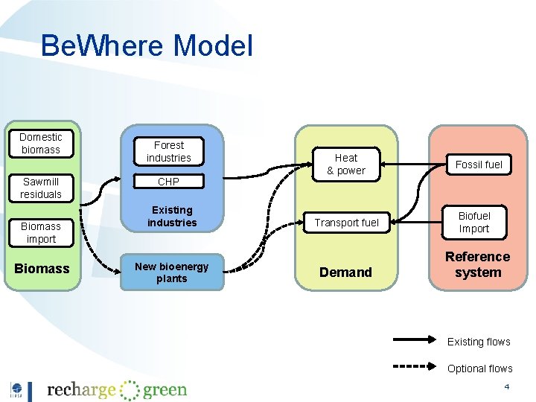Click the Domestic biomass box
41,144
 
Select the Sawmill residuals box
41,188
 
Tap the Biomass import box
41,232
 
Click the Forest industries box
169,152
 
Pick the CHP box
169,182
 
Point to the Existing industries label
172,217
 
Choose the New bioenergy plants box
172,272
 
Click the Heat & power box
346,165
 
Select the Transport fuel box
346,223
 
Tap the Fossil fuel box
479,165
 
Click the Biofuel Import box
474,222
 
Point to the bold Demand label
345,272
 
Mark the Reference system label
478,265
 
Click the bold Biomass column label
42,269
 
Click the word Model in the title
213,46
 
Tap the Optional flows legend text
480,368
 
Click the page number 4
507,387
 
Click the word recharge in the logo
81,390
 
